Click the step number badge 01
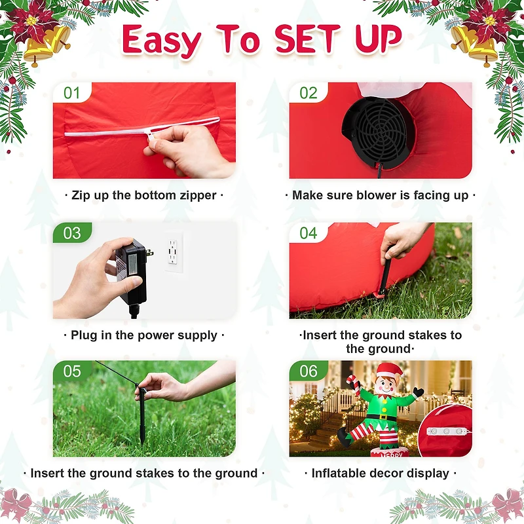click(x=71, y=93)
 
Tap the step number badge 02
click(x=308, y=93)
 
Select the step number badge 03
click(x=72, y=233)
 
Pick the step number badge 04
click(x=308, y=233)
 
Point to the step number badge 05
click(x=72, y=371)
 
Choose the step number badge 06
click(x=308, y=371)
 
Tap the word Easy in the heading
click(x=161, y=41)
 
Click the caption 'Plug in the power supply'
click(x=144, y=335)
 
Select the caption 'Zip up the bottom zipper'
click(x=144, y=195)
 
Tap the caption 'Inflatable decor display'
click(x=380, y=473)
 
